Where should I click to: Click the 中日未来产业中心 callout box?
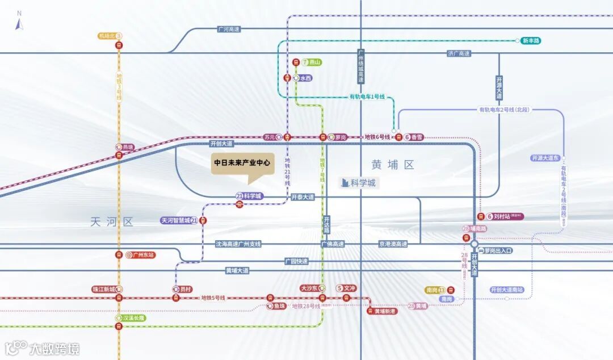(x=242, y=162)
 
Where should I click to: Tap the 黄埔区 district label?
(x=393, y=165)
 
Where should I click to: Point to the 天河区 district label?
(x=111, y=222)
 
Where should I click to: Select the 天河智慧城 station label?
(x=179, y=220)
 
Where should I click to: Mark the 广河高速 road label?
(x=229, y=29)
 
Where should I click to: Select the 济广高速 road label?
(x=459, y=53)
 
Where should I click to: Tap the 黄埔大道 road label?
(x=237, y=271)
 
